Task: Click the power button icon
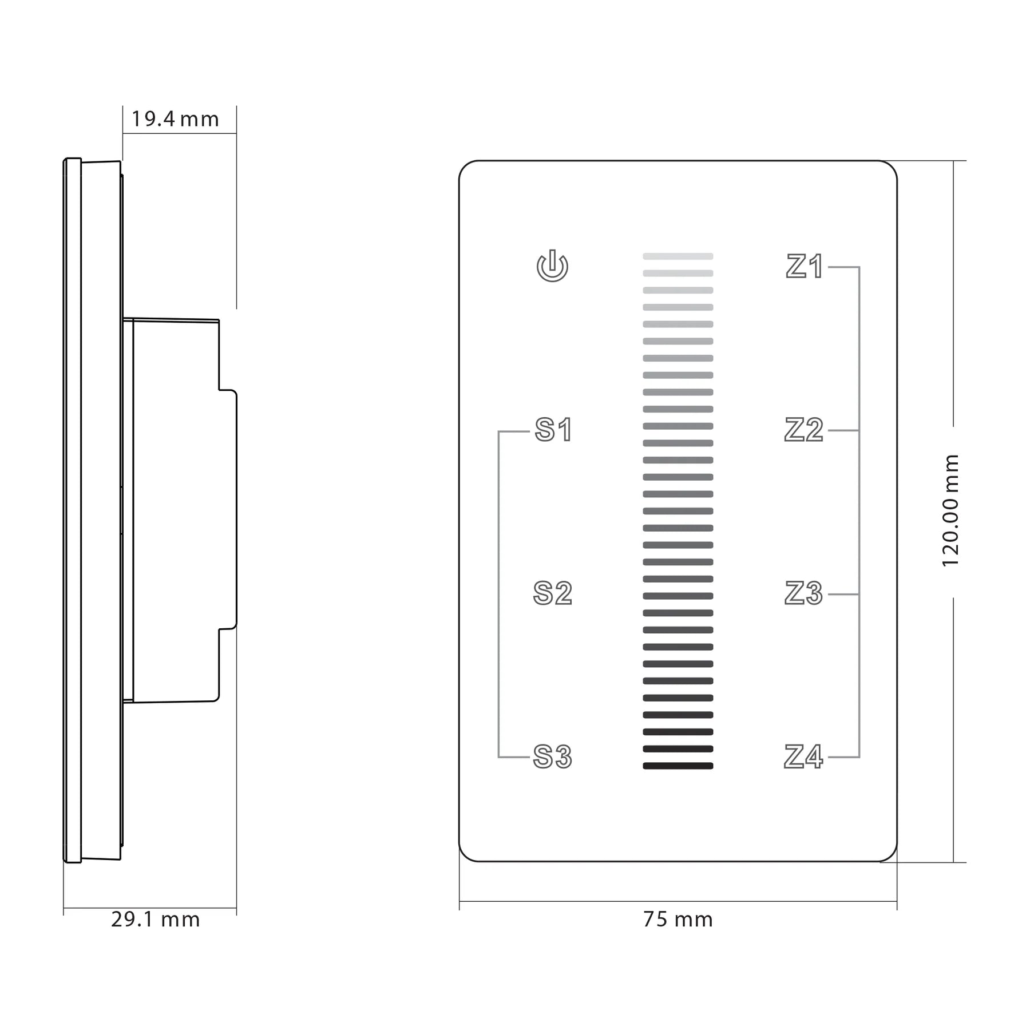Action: point(552,266)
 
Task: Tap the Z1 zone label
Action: point(804,267)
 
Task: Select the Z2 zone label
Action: point(803,430)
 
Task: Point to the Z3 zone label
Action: point(803,593)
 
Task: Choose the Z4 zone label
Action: point(803,756)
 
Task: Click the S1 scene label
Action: point(553,430)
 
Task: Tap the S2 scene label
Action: point(552,593)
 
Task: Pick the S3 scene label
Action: point(552,756)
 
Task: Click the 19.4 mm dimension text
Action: point(175,119)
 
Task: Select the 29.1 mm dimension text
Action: point(156,920)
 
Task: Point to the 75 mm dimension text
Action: point(678,920)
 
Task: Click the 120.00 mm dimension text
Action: point(950,510)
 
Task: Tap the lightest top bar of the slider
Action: point(678,256)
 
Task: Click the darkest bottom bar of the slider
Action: point(678,766)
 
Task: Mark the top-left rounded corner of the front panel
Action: point(466,168)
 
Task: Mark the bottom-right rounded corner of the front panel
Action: point(890,854)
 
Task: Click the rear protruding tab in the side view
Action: point(228,509)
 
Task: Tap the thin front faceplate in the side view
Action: point(73,509)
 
